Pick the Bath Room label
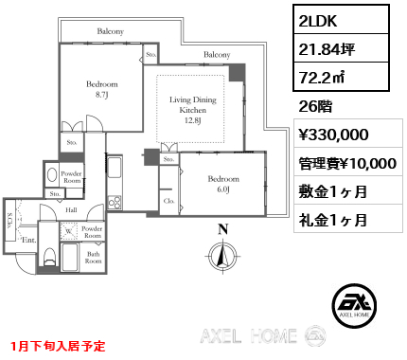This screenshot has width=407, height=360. [92, 257]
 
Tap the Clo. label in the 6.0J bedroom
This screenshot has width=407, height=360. [168, 201]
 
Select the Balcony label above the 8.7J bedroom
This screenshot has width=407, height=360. [111, 31]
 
